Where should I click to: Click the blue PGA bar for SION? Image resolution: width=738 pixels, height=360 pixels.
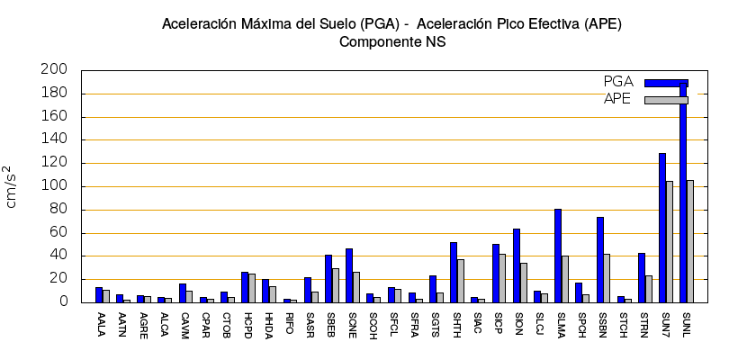click(x=517, y=265)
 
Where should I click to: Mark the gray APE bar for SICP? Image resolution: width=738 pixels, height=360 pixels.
click(x=502, y=278)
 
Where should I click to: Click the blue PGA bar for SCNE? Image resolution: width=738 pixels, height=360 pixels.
click(x=349, y=275)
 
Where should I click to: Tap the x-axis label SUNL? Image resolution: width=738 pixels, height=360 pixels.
click(x=687, y=325)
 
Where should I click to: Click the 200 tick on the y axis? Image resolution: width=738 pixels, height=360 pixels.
click(x=55, y=70)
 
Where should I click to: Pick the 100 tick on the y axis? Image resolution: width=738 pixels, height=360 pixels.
click(x=55, y=186)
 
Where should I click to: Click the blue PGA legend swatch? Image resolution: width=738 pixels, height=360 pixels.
click(x=666, y=83)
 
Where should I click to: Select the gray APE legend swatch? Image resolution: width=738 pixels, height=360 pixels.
click(x=666, y=100)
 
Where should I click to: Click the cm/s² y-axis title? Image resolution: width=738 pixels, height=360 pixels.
click(x=13, y=186)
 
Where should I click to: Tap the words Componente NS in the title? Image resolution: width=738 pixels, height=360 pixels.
click(x=391, y=41)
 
